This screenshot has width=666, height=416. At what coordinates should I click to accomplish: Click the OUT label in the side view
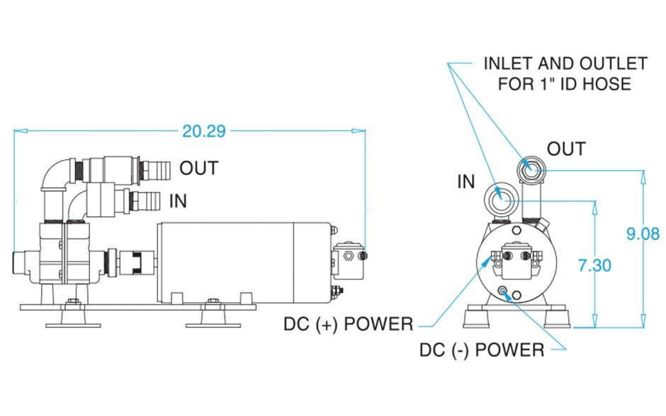(x=198, y=169)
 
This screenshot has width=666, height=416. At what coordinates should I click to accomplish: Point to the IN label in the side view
(x=178, y=201)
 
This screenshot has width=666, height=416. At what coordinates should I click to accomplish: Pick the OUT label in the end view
(x=566, y=149)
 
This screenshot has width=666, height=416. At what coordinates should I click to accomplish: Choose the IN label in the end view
(x=465, y=181)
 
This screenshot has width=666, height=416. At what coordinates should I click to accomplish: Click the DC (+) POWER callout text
(x=348, y=325)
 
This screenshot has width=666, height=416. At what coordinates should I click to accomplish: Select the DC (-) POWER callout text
(x=482, y=350)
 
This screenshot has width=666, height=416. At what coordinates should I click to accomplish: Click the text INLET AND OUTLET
(x=565, y=64)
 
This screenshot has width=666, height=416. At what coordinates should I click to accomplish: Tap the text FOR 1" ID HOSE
(x=564, y=84)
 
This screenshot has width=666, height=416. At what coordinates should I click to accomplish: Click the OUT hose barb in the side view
(x=155, y=169)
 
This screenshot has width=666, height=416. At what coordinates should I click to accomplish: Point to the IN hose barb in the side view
(x=145, y=200)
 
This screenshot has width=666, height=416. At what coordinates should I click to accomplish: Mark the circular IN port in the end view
(x=502, y=199)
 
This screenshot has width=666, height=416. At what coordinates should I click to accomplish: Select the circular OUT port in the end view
(x=532, y=169)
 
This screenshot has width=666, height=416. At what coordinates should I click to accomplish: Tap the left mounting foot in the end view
(x=477, y=316)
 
